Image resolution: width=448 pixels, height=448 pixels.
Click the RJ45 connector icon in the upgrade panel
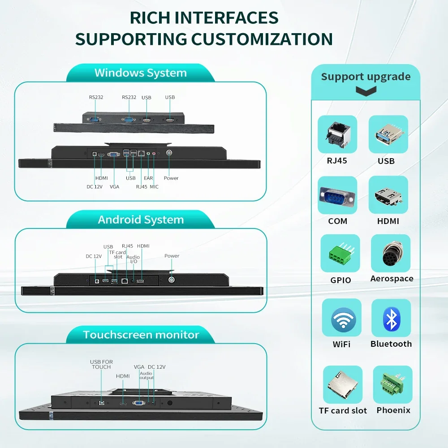337,134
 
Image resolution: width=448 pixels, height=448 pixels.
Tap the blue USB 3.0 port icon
388,134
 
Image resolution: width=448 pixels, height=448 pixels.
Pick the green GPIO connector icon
340,253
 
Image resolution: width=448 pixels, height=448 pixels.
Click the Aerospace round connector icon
391,253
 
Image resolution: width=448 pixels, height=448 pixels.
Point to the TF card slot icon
343,384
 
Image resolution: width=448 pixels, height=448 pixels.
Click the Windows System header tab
141,73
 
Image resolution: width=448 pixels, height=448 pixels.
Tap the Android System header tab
141,220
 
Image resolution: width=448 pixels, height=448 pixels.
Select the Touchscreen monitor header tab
141,335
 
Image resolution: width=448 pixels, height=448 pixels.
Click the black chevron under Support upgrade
366,91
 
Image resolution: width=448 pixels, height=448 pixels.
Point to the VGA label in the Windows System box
114,187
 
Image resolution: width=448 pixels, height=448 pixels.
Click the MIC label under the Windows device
154,187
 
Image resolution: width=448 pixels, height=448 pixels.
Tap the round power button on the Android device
172,280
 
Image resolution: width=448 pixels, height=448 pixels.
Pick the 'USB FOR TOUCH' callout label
101,364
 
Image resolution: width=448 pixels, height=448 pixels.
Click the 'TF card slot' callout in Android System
117,254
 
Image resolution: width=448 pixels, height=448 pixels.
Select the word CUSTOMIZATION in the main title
262,39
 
